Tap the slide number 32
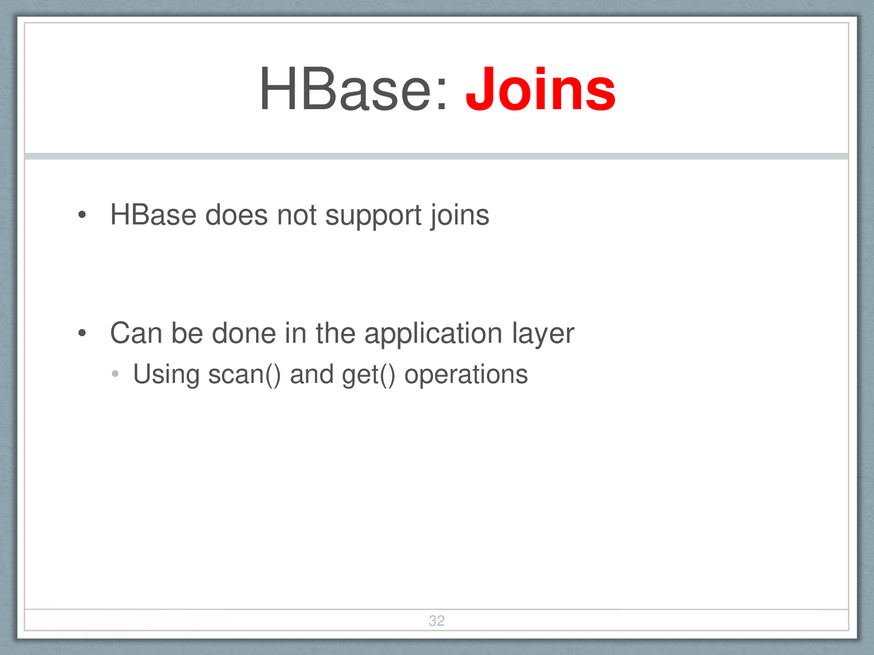(x=437, y=621)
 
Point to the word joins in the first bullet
(x=460, y=216)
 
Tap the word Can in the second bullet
(x=136, y=333)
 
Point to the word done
(x=244, y=333)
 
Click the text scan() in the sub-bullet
(x=245, y=376)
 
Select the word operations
(x=466, y=376)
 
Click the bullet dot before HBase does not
(x=82, y=214)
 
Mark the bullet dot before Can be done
(x=82, y=333)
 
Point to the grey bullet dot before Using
(x=115, y=374)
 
